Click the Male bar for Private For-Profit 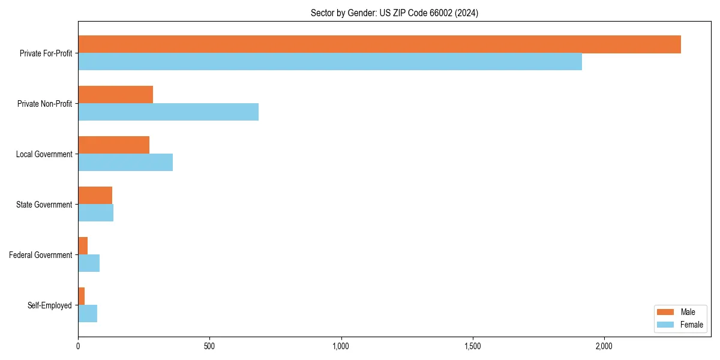pos(379,44)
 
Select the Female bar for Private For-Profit pos(330,62)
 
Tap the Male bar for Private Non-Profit pos(115,95)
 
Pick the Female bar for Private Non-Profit pos(168,112)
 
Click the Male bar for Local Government pos(113,145)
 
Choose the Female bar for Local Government pos(125,163)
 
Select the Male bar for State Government pos(95,196)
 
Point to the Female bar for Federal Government pos(89,263)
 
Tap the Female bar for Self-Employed pos(88,314)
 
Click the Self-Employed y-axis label pos(49,305)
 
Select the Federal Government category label pos(40,255)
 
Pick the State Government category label pos(44,205)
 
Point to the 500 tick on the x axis pos(209,346)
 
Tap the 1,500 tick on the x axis pos(473,346)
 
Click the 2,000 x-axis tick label pos(604,346)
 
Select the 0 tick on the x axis pos(78,346)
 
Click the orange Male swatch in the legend pos(666,312)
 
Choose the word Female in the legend pos(691,325)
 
